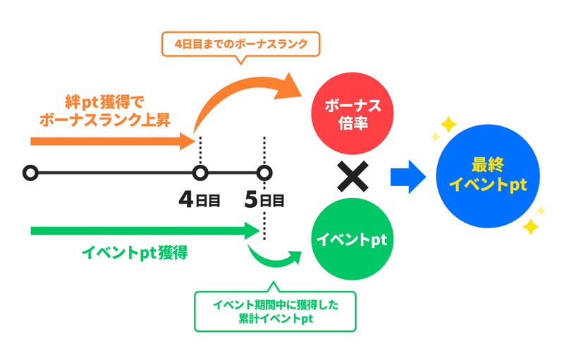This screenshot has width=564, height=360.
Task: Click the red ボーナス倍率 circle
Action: coord(352,113)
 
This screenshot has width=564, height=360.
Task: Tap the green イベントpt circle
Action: coord(352,239)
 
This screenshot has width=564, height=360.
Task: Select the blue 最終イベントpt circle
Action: coord(488,176)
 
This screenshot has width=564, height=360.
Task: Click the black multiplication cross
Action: coord(352,176)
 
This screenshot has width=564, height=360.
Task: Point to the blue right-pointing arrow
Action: coord(408,177)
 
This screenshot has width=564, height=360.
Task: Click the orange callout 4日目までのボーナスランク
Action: coord(240,44)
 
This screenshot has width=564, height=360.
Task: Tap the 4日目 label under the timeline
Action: coord(200,200)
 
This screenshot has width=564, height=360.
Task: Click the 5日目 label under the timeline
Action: coord(264,200)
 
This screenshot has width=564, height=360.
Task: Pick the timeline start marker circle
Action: coord(30,173)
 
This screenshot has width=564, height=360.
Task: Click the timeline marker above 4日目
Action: coord(200,173)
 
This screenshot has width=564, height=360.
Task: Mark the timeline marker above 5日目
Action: coord(264,173)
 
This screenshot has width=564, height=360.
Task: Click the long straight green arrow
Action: coord(145,230)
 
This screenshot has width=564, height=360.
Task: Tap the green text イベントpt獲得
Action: coord(135,253)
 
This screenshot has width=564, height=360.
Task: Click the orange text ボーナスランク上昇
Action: coord(104,120)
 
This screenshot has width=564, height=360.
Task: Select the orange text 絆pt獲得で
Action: coord(104,102)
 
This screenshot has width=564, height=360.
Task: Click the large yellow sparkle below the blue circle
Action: coord(531,227)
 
